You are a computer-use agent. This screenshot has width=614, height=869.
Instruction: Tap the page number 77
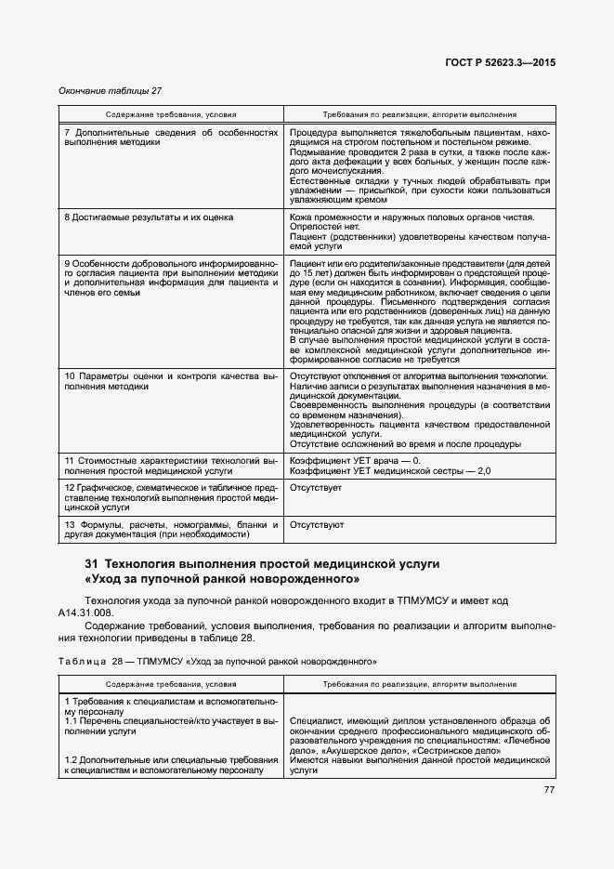549,790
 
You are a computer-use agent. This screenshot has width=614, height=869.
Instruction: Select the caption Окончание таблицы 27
110,90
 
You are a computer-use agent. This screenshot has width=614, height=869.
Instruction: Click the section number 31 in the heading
91,564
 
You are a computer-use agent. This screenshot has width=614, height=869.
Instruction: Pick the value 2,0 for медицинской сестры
484,471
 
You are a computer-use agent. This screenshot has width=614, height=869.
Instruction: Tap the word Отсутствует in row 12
316,487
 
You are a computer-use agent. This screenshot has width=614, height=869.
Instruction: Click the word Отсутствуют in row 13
317,524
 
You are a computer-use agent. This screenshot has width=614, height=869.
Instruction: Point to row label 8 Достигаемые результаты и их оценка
148,217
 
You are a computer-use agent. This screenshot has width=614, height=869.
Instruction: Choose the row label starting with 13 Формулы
171,530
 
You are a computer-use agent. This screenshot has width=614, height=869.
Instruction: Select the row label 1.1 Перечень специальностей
171,725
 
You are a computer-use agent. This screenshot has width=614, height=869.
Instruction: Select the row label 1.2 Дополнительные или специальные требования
171,765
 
